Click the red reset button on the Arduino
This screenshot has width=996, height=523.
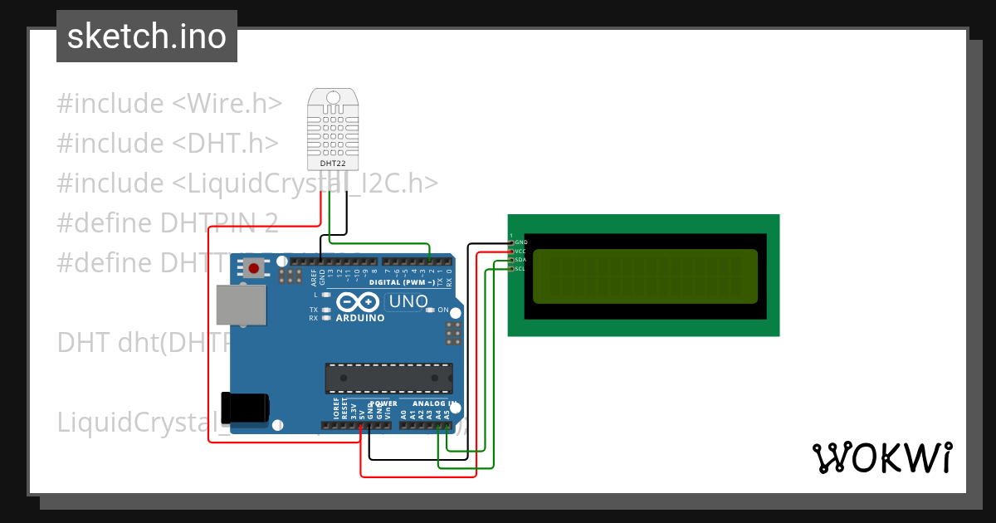point(254,268)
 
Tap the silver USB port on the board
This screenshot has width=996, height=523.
point(241,305)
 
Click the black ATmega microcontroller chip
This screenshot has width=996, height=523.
point(388,378)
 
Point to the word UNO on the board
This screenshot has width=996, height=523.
point(408,301)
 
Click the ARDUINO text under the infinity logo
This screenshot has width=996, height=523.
point(359,318)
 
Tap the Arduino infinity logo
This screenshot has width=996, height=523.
point(359,303)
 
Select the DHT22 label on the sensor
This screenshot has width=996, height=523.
point(333,164)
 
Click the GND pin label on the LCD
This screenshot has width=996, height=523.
point(520,242)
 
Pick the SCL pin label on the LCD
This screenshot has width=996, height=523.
point(520,269)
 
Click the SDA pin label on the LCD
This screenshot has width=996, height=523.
point(520,260)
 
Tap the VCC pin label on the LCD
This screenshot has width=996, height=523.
point(520,251)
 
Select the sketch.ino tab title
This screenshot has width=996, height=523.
point(147,37)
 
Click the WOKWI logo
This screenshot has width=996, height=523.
point(881,457)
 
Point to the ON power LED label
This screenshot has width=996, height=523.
point(443,310)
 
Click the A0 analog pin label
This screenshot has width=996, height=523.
point(403,413)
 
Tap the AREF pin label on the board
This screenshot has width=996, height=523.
point(314,276)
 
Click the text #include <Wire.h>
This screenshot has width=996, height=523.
point(169,104)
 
